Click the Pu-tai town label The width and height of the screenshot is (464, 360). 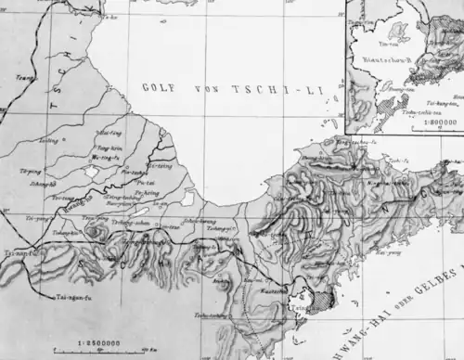(x=145, y=184)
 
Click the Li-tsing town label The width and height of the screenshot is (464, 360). (x=161, y=166)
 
